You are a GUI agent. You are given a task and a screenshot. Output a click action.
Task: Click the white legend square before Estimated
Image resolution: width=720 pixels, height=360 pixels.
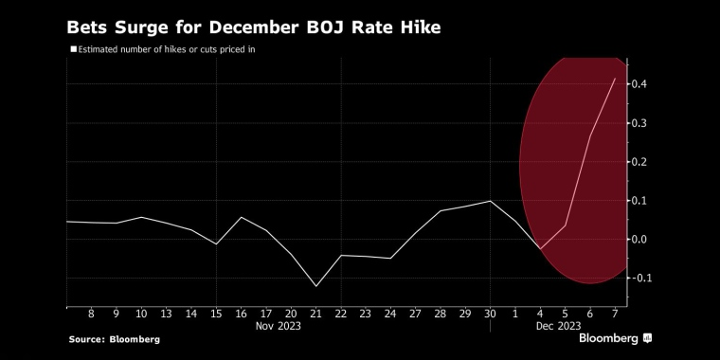(x=73, y=48)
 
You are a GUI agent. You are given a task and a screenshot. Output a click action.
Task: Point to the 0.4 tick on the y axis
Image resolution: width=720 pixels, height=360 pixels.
(x=639, y=84)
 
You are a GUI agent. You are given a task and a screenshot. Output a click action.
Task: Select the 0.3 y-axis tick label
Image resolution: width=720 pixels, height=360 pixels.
(x=639, y=123)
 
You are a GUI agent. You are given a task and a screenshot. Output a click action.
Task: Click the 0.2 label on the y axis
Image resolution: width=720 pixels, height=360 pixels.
(x=639, y=162)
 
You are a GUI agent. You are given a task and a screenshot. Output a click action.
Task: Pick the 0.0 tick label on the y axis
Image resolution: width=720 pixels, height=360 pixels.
(x=639, y=240)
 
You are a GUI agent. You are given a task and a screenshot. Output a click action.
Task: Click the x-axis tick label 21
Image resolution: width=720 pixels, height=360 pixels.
(x=315, y=313)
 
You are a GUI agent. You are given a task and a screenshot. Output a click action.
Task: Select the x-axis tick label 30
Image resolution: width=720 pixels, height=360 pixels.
(x=490, y=313)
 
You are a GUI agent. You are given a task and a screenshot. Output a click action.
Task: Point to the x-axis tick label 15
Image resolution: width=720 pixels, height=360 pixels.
(x=216, y=313)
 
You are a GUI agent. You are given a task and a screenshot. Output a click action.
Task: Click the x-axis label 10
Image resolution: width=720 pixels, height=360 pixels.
(x=141, y=313)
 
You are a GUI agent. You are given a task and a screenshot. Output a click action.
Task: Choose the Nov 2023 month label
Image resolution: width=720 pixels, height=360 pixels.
(x=279, y=325)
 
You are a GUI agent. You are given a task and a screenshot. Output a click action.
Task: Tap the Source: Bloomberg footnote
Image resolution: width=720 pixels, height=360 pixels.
(x=114, y=339)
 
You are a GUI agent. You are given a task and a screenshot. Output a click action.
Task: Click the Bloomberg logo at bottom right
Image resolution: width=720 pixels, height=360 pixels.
(x=615, y=338)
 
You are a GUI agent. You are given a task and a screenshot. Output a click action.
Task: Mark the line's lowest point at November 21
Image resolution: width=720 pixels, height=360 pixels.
(x=315, y=286)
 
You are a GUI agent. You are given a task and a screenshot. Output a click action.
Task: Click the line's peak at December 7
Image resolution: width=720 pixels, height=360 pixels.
(x=615, y=79)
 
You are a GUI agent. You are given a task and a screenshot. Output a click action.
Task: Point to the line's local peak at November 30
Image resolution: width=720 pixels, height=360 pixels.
(x=490, y=201)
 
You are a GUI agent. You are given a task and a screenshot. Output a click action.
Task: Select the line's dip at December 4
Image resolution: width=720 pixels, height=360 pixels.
(x=540, y=249)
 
